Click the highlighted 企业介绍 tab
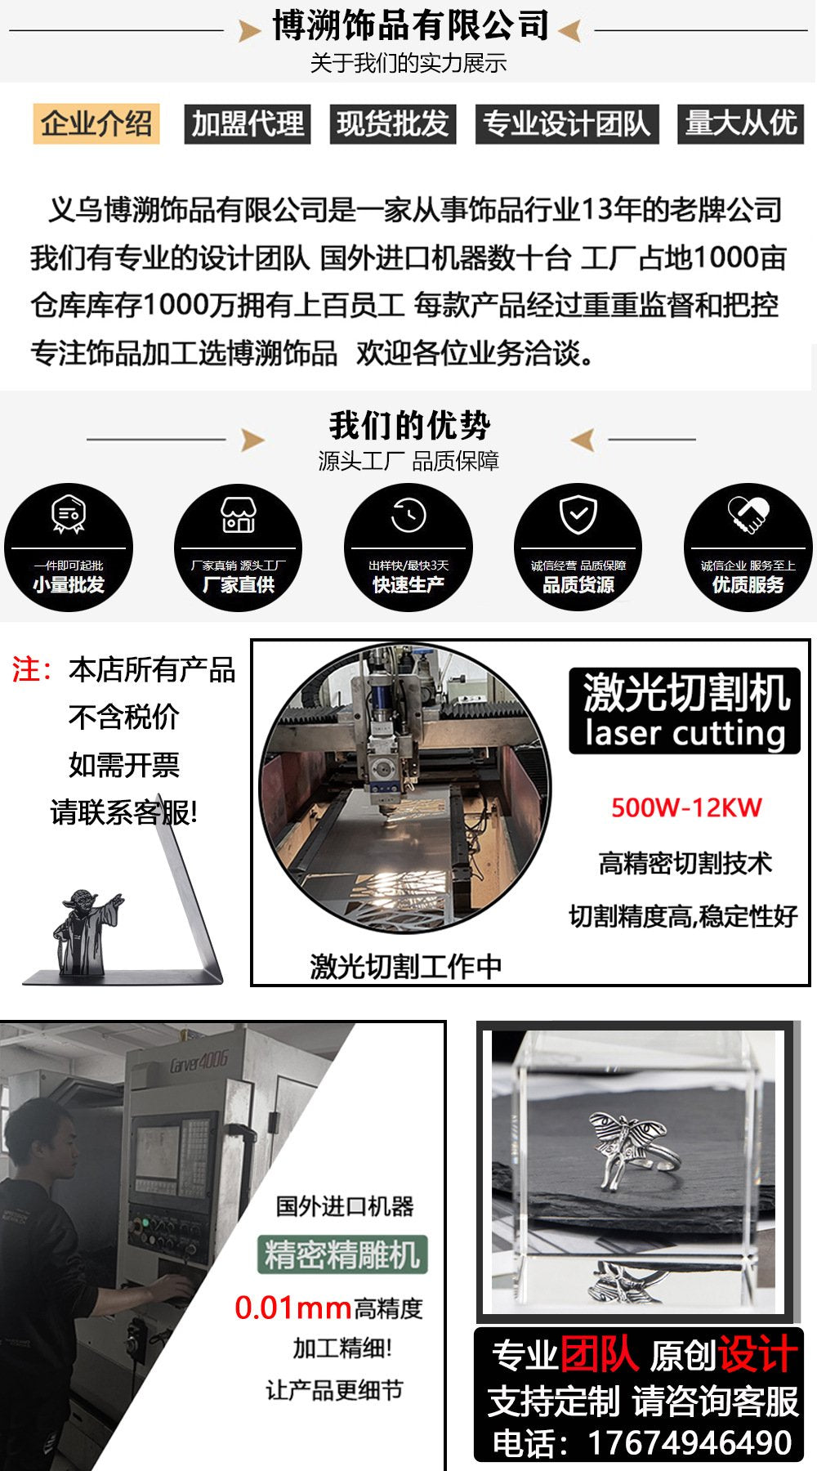click(x=96, y=124)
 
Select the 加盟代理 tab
click(x=248, y=124)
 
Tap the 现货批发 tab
click(x=393, y=124)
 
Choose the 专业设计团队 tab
click(x=567, y=124)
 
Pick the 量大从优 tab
click(x=741, y=124)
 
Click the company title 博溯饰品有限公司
click(x=410, y=25)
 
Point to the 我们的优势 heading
click(x=410, y=425)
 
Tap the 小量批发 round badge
click(x=69, y=548)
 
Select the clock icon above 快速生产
click(x=408, y=515)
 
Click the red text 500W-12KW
click(x=686, y=808)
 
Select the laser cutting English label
click(x=685, y=733)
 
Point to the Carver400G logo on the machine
click(x=199, y=1062)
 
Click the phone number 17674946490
click(x=690, y=1443)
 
